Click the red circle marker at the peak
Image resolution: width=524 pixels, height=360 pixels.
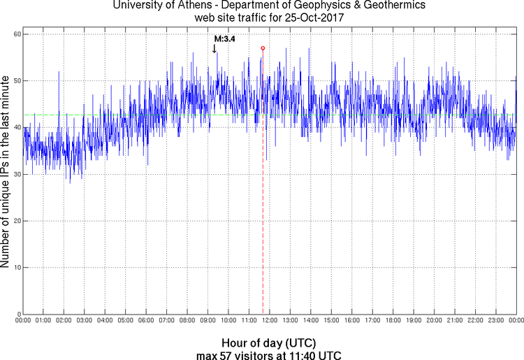(x=263, y=48)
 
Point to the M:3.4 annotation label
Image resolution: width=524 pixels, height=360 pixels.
(x=224, y=39)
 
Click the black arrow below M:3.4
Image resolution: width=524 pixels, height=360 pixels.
(x=214, y=48)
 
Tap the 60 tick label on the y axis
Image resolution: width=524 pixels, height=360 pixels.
(x=15, y=34)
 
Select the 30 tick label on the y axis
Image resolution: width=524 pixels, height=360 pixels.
(x=15, y=174)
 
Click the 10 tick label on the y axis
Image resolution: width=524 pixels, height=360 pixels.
(x=15, y=267)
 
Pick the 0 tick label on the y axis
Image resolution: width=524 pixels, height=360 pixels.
(x=17, y=314)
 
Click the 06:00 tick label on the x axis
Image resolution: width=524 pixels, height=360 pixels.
(x=146, y=321)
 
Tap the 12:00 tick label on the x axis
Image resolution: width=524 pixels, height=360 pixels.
(x=270, y=321)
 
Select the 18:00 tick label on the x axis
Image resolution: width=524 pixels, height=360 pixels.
(x=393, y=321)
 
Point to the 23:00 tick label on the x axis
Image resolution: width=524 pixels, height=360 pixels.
(x=495, y=321)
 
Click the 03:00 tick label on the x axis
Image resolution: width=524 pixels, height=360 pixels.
(x=85, y=321)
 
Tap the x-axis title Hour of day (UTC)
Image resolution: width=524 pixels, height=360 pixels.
(x=268, y=343)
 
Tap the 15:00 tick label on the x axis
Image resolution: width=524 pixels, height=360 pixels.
(x=331, y=321)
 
